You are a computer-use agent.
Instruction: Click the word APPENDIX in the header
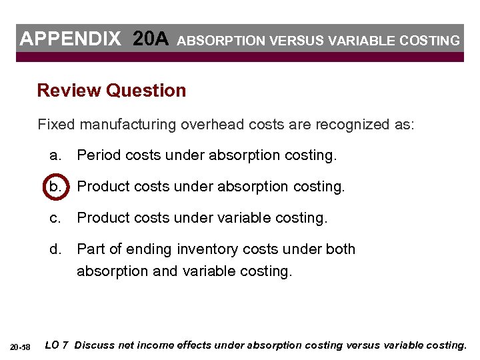pos(71,39)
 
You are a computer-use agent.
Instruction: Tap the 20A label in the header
pos(151,39)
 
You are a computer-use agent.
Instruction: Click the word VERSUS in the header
pos(287,41)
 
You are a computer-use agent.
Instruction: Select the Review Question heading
pos(111,91)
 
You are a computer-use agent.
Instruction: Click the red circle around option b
pos(55,186)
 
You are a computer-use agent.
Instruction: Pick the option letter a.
pos(55,155)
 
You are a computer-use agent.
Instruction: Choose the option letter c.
pos(55,217)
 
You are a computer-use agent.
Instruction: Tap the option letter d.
pos(55,249)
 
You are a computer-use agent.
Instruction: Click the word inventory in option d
pos(205,249)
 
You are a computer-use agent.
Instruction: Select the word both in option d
pos(341,249)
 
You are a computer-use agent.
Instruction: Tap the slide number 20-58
pos(21,347)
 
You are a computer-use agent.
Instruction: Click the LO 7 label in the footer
pos(57,345)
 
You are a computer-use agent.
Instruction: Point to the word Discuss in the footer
pos(94,345)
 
